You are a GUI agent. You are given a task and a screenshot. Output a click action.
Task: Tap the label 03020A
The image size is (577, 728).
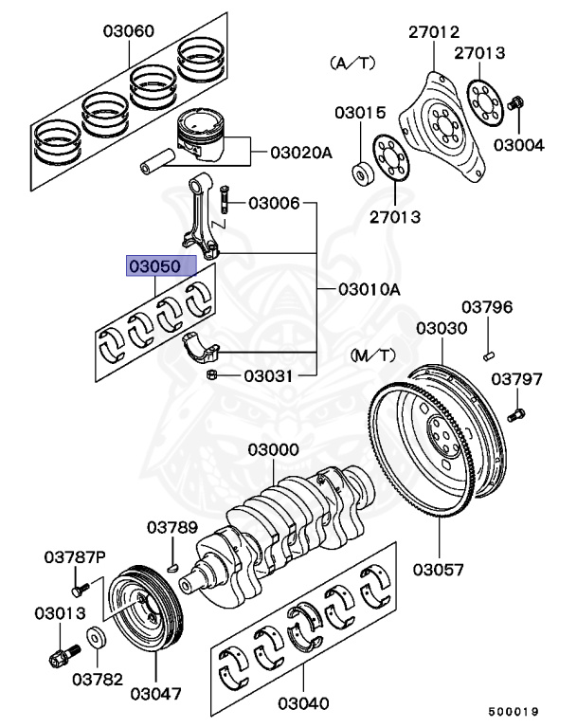click(x=301, y=152)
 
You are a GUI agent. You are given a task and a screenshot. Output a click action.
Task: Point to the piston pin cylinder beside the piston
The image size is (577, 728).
click(x=156, y=155)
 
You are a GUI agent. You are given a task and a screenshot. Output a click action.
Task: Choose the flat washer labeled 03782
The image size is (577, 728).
click(x=97, y=637)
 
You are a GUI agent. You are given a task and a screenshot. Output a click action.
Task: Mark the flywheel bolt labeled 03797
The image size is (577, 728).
click(x=516, y=414)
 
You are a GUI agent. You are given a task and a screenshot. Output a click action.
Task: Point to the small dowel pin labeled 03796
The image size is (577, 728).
click(x=488, y=355)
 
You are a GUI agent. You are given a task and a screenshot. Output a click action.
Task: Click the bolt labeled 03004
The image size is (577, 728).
click(x=517, y=101)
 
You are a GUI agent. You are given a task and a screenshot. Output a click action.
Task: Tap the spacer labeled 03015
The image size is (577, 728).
click(x=362, y=173)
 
